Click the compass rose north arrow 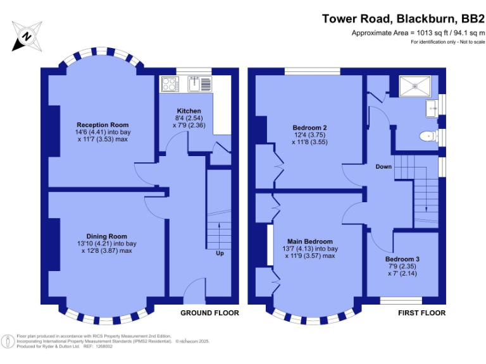[x=26, y=36]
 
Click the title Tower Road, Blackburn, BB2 [x=403, y=19]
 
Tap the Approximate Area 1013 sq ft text [x=418, y=33]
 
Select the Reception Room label [x=103, y=124]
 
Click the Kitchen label [x=189, y=111]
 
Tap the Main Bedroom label [x=309, y=241]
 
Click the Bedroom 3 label [x=402, y=259]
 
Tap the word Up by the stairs [x=220, y=253]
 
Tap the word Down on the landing [x=383, y=167]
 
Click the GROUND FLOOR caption [x=209, y=313]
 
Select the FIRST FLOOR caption [x=421, y=313]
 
